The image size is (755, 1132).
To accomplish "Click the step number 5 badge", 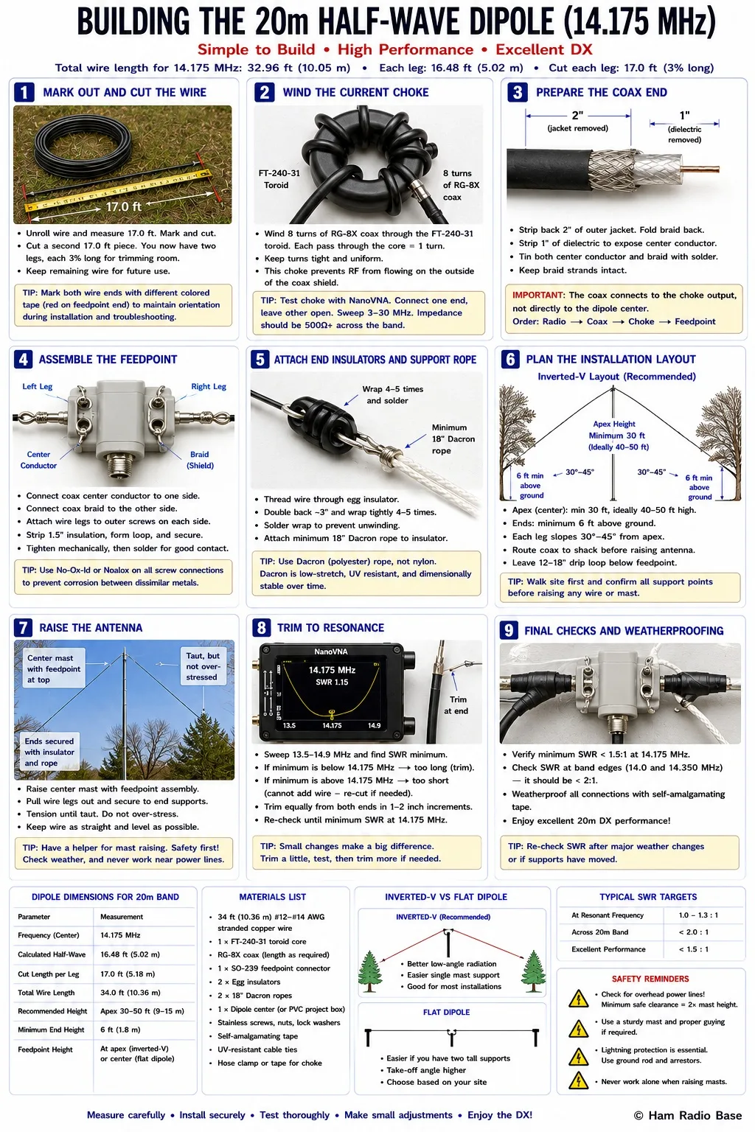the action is click(260, 360).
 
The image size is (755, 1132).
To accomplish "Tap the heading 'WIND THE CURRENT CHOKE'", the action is click(355, 92).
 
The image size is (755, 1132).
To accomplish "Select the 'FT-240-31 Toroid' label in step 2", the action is click(279, 179).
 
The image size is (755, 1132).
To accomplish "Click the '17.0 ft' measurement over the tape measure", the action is click(123, 206).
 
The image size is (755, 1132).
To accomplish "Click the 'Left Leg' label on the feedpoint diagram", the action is click(38, 387).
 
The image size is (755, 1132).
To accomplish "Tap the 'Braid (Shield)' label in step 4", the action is click(201, 460).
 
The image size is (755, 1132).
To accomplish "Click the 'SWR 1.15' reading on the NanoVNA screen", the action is click(332, 682).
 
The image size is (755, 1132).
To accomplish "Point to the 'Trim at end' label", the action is click(456, 705).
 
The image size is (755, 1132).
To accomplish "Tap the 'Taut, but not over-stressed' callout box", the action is click(203, 666).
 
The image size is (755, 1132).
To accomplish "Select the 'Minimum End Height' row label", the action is click(51, 1030).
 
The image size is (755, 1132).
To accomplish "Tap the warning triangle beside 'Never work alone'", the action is click(578, 1080).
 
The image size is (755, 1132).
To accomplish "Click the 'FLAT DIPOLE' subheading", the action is click(447, 1012).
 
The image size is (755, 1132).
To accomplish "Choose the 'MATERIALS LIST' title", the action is click(273, 897).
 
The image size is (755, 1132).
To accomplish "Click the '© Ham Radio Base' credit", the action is click(688, 1115).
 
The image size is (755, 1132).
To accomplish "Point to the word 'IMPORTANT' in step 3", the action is click(538, 295).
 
